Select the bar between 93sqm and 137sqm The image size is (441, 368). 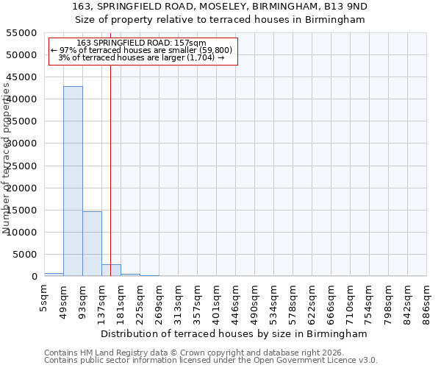[x=92, y=244]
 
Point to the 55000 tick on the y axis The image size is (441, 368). [x=21, y=33]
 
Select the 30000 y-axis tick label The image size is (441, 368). [x=21, y=144]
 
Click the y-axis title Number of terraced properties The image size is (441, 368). [x=7, y=158]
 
